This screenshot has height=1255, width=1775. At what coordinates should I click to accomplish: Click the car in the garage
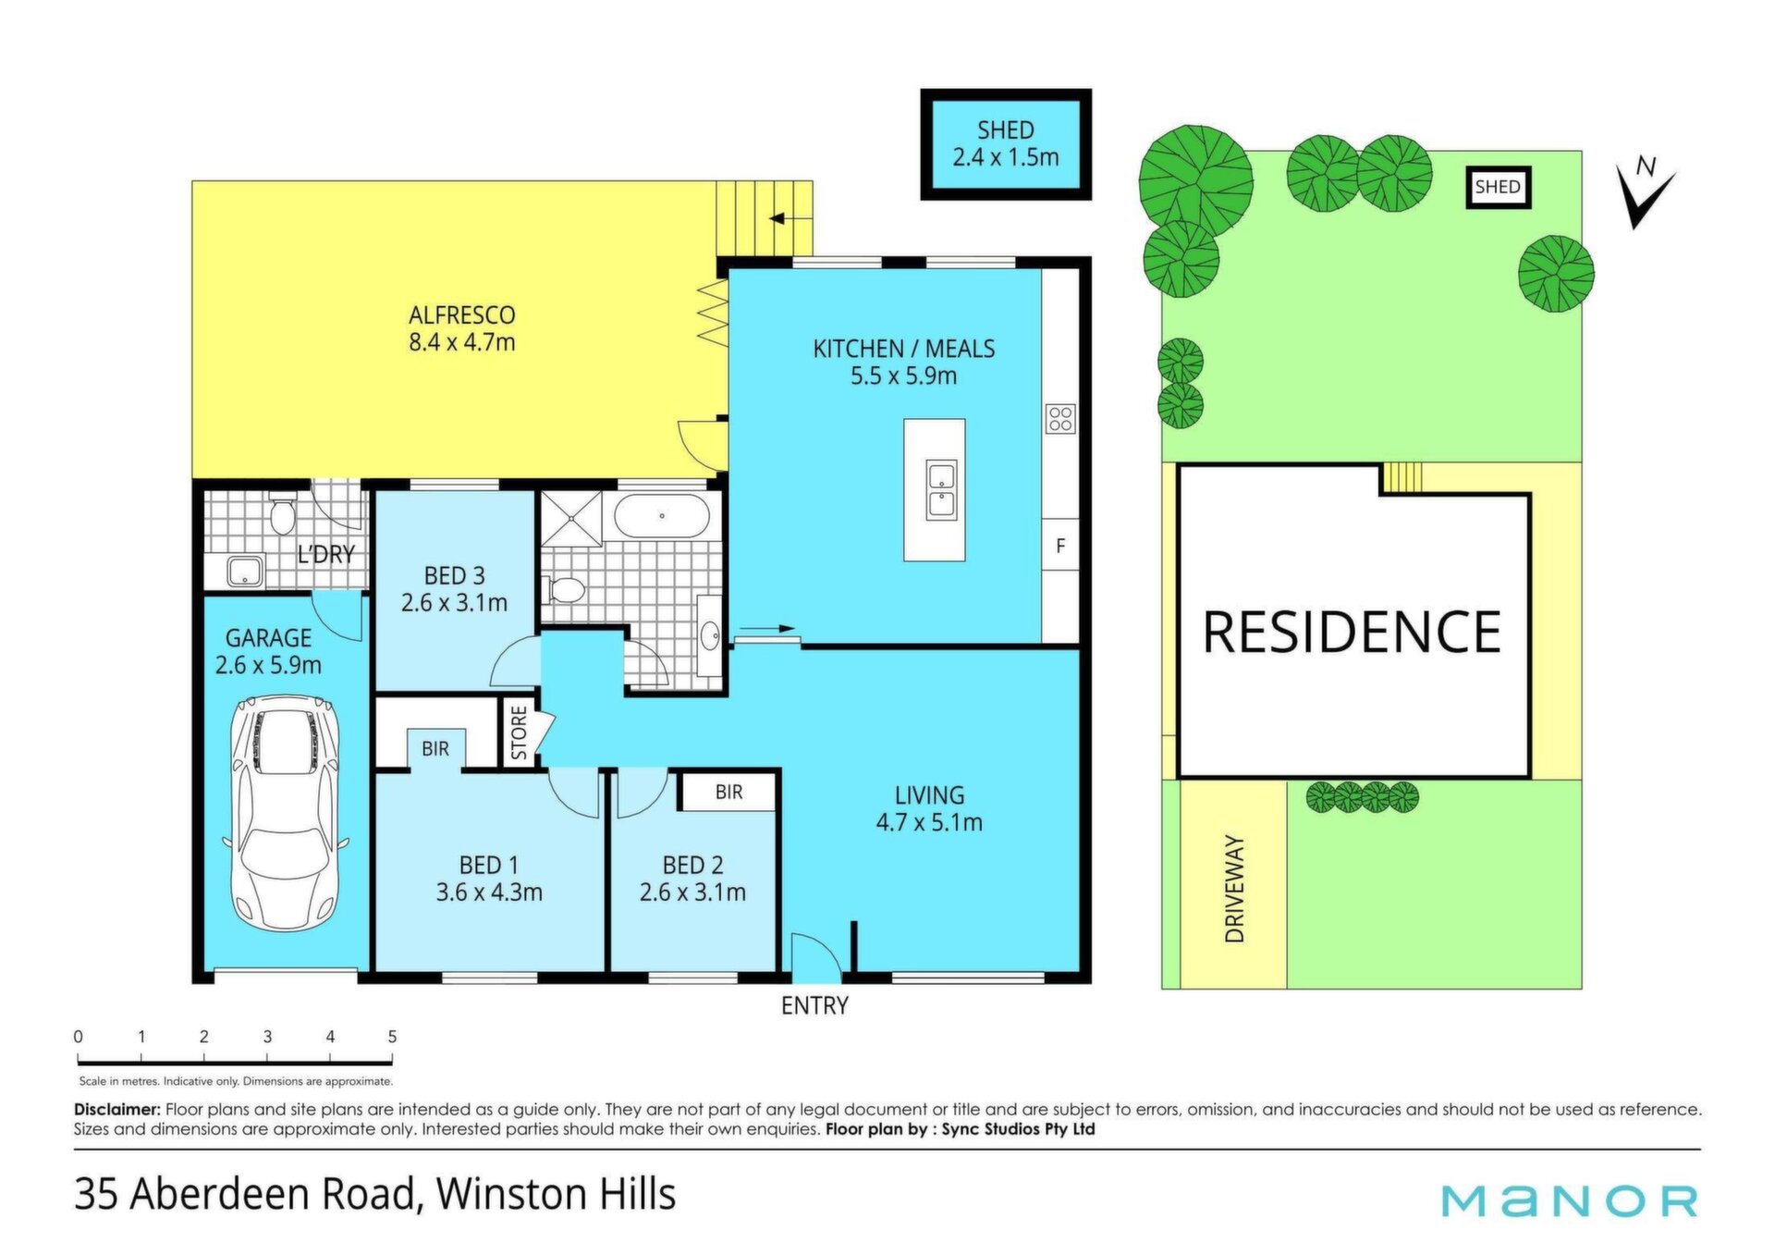click(x=287, y=813)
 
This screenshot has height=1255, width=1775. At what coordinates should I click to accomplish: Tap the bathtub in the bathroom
click(x=662, y=516)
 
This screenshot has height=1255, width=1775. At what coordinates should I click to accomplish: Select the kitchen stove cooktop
click(x=1060, y=419)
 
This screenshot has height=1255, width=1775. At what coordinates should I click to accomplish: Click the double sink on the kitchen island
click(x=941, y=490)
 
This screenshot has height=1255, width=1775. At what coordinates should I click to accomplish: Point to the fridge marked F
click(x=1060, y=546)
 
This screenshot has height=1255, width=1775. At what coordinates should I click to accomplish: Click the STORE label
click(x=519, y=732)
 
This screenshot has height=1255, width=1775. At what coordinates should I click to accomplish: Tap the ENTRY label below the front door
click(x=814, y=1005)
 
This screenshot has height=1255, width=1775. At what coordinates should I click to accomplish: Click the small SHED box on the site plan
click(x=1498, y=188)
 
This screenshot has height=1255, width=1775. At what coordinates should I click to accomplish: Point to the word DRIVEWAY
click(x=1235, y=889)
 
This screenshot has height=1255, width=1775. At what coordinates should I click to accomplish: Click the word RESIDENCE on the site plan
click(x=1352, y=633)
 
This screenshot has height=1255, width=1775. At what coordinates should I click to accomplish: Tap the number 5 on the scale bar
click(x=392, y=1037)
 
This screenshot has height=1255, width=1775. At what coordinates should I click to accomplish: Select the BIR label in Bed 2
click(x=728, y=793)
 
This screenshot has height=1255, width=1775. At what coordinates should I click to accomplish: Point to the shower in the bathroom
click(x=571, y=519)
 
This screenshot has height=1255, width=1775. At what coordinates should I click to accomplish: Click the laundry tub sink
click(x=244, y=572)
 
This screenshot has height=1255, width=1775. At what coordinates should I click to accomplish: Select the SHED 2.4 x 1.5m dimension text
click(x=1006, y=144)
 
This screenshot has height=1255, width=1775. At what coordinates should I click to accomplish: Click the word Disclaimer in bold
click(x=117, y=1109)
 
